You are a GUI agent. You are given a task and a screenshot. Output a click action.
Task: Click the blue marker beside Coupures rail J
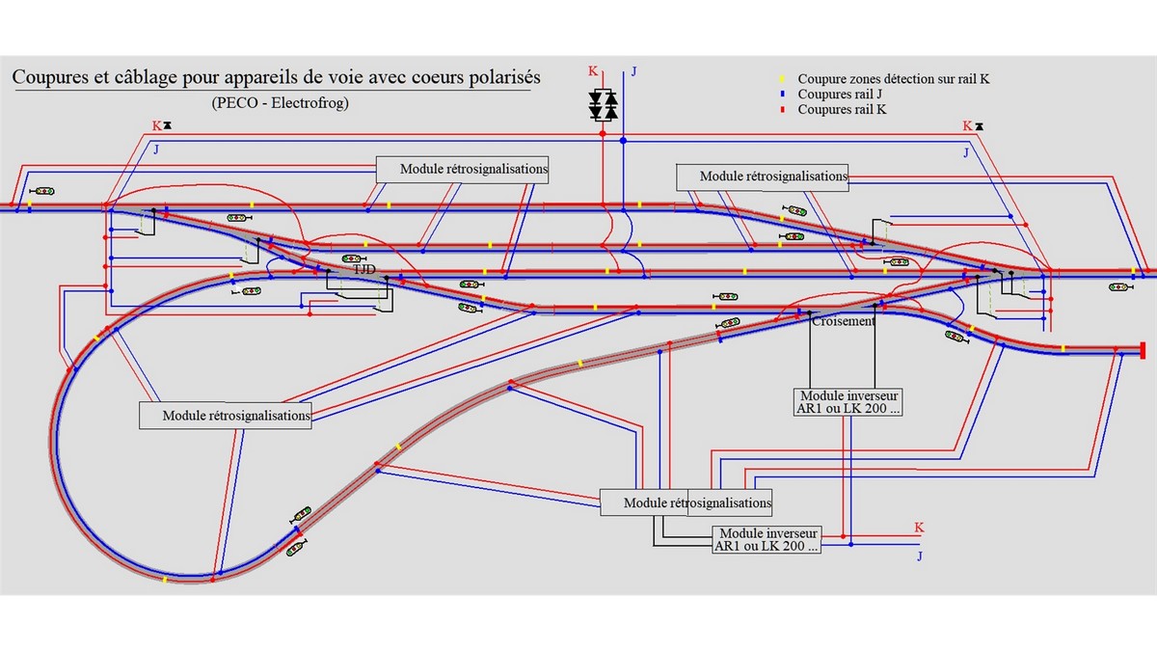pyautogui.click(x=783, y=95)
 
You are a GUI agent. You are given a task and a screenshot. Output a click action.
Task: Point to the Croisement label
pyautogui.click(x=844, y=321)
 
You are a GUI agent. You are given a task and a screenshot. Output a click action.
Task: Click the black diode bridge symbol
pyautogui.click(x=604, y=105)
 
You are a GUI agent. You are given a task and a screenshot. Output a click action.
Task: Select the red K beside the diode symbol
pyautogui.click(x=593, y=71)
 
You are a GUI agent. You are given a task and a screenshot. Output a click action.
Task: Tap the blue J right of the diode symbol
pyautogui.click(x=633, y=71)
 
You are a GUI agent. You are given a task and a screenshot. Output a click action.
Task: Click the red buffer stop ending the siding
pyautogui.click(x=1142, y=349)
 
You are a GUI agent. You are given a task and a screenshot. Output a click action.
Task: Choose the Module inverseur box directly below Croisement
pyautogui.click(x=849, y=401)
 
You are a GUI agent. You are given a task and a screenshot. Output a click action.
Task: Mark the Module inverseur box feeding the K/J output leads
pyautogui.click(x=767, y=539)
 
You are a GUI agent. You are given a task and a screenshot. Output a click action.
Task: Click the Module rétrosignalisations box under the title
pyautogui.click(x=462, y=169)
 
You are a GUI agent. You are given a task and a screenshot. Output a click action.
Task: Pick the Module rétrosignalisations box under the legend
pyautogui.click(x=761, y=176)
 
